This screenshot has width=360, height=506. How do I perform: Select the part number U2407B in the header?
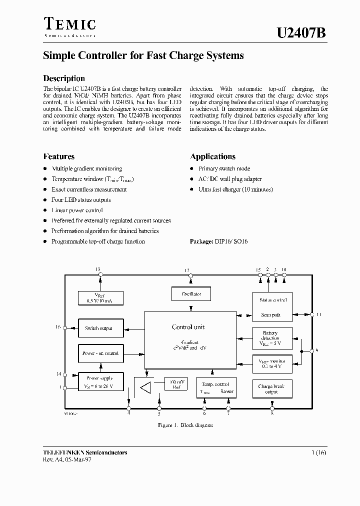[x=301, y=33]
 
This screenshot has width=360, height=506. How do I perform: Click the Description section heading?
[x=64, y=78]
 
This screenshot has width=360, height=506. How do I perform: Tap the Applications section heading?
[x=212, y=156]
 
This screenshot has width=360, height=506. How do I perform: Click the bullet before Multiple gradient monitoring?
[x=45, y=169]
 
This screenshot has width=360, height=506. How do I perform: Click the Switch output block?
[x=98, y=328]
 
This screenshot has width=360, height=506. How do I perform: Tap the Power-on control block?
[x=100, y=353]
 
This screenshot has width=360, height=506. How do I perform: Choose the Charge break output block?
[x=271, y=389]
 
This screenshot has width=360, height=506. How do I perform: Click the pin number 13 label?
[x=98, y=269]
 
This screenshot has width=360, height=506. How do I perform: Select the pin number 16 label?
[x=58, y=327]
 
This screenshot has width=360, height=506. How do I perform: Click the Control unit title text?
[x=188, y=327]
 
